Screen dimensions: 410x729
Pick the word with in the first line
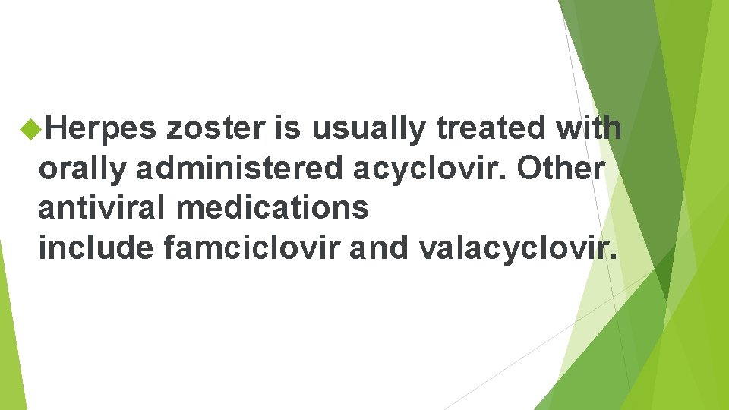(588, 130)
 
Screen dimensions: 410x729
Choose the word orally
(82, 169)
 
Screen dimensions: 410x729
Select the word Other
(561, 169)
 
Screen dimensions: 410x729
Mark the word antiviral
(106, 208)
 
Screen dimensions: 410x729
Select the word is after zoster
(288, 130)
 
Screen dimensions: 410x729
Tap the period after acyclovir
(507, 178)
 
